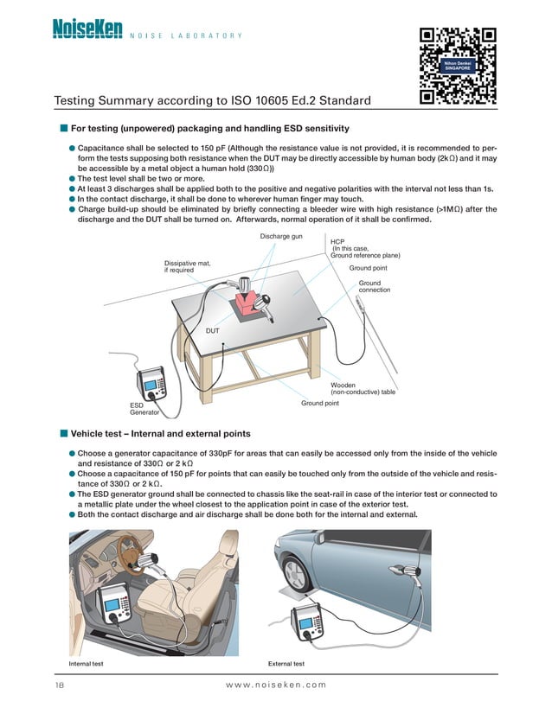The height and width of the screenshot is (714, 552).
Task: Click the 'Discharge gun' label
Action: (280, 237)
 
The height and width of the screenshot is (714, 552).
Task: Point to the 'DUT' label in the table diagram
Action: (213, 331)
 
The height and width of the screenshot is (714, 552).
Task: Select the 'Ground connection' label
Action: (369, 286)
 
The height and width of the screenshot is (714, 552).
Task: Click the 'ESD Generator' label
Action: (138, 409)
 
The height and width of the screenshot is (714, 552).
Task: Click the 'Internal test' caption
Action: (87, 664)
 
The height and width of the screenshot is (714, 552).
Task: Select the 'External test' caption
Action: (286, 664)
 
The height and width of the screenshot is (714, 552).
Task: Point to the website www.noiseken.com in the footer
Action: (275, 685)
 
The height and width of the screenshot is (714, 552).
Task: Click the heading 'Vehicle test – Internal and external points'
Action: (161, 434)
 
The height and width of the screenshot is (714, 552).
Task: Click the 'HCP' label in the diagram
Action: (337, 243)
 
